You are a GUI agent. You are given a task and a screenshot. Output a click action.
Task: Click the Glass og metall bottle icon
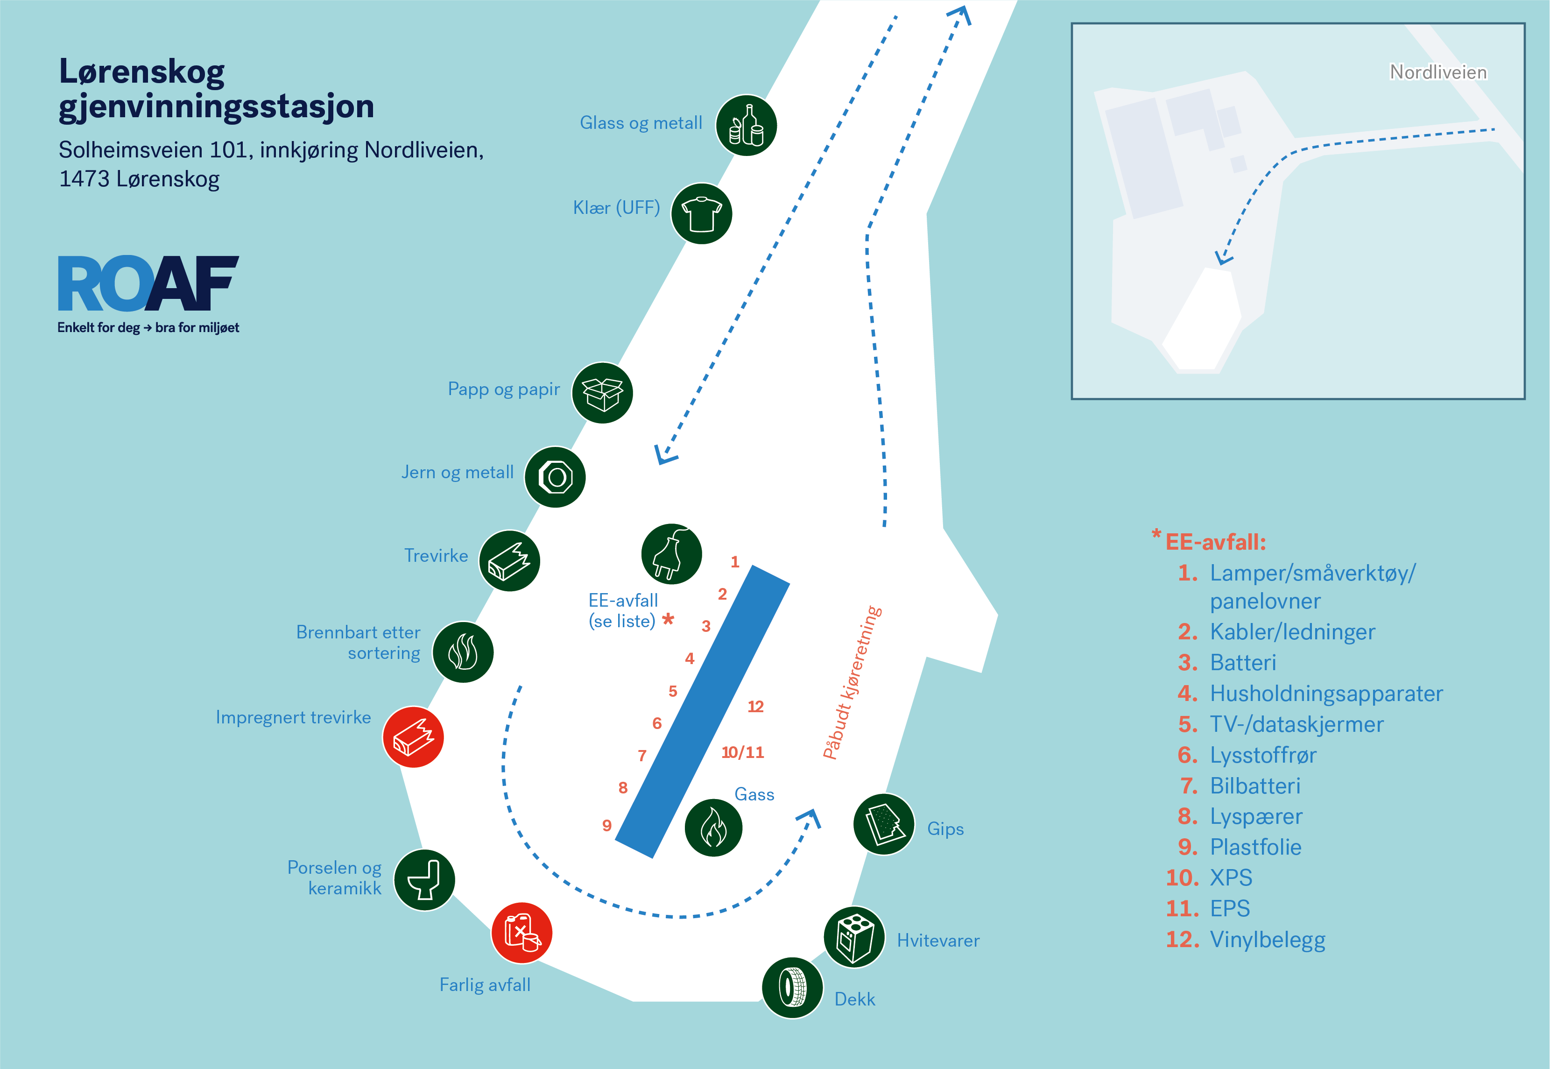coord(746,125)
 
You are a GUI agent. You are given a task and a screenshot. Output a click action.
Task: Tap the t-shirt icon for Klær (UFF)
coord(701,214)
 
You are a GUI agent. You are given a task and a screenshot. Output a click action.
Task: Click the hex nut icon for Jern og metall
coord(555,477)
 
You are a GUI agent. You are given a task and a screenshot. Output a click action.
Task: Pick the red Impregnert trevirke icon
coord(413,737)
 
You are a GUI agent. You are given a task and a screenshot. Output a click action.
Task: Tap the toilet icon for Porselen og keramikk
coord(424,880)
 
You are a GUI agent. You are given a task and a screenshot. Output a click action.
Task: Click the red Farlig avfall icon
coord(521,932)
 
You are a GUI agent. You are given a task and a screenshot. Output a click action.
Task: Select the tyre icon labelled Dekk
coord(793,988)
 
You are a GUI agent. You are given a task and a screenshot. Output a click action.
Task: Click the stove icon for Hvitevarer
coord(854,937)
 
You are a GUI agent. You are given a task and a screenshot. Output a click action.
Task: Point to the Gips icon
coord(884,824)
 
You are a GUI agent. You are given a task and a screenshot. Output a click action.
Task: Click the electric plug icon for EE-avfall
coord(671,554)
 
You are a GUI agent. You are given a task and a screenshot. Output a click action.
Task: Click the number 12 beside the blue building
coord(755,707)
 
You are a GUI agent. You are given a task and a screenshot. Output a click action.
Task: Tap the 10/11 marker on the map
coord(742,752)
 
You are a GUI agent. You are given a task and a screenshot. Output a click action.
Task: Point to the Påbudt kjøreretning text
coord(852,682)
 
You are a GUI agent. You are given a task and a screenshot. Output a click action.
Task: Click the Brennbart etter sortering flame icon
coord(463,651)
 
